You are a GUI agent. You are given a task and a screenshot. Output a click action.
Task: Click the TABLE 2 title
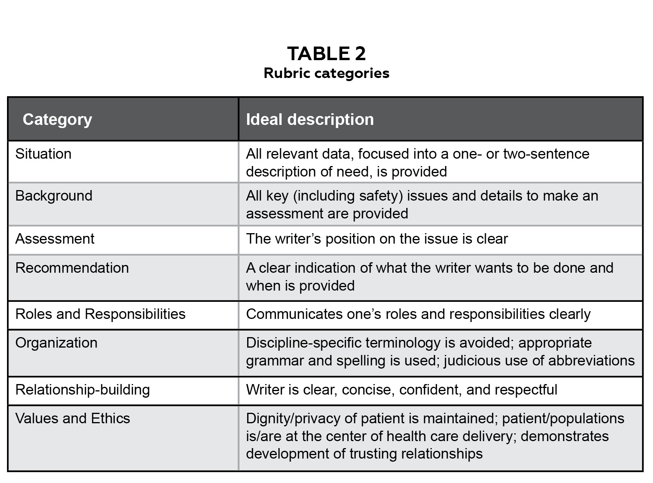(326, 54)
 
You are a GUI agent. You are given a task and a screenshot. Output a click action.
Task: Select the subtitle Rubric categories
(326, 73)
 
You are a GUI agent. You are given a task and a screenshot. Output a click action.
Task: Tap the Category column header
(57, 119)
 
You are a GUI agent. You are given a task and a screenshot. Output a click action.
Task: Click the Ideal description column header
(310, 119)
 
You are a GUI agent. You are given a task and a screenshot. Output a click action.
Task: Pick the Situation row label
(43, 154)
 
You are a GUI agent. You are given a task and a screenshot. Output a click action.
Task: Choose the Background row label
(54, 196)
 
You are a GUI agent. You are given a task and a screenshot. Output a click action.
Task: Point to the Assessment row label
(55, 239)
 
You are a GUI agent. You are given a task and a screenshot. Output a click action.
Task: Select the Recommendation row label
(72, 268)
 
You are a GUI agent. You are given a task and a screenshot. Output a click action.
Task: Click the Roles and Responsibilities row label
(100, 314)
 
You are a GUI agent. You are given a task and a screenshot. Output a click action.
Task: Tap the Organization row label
(56, 343)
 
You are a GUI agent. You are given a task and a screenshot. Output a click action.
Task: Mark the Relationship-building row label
(83, 390)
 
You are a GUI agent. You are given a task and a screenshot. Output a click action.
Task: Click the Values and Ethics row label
(73, 419)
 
